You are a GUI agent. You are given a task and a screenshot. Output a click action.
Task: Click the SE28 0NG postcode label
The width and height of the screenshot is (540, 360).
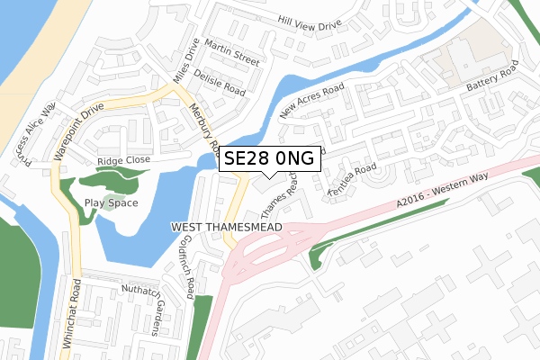[268, 158]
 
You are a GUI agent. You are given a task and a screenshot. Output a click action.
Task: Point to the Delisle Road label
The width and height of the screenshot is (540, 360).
[219, 85]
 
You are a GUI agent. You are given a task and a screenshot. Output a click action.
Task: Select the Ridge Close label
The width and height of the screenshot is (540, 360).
[123, 161]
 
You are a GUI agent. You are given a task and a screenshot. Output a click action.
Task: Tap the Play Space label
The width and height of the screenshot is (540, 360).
[111, 202]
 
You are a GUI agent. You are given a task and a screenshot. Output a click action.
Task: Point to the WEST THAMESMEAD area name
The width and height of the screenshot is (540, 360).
[225, 229]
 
